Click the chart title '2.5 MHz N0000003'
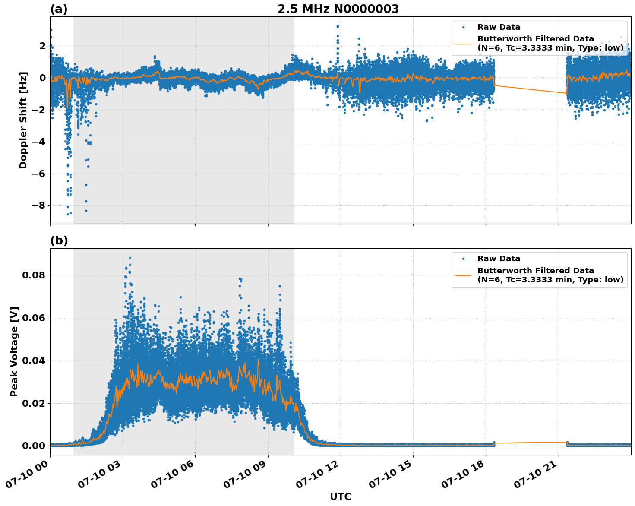(338, 9)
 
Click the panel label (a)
(59, 9)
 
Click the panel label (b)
(59, 240)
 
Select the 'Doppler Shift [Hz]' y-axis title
(23, 120)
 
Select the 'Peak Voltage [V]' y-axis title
(14, 351)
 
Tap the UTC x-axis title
(340, 497)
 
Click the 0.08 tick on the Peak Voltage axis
(33, 275)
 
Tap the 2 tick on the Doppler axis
(42, 46)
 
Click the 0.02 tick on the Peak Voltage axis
(33, 403)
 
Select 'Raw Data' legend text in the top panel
(499, 27)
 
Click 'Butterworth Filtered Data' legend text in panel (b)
(535, 271)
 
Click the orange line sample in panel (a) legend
(463, 43)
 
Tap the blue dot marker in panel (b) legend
(463, 259)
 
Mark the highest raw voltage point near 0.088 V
(130, 258)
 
